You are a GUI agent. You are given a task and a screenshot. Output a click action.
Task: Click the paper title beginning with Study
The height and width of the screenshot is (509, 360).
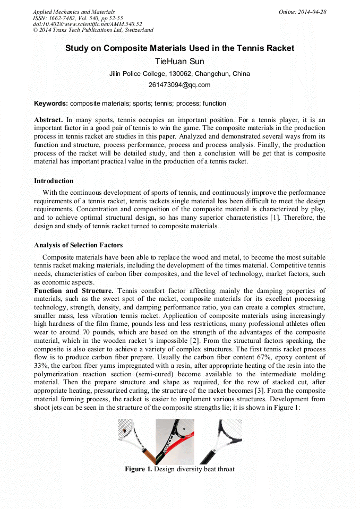coord(179,48)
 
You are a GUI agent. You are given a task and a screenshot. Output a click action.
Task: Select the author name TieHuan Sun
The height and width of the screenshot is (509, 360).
coord(179,62)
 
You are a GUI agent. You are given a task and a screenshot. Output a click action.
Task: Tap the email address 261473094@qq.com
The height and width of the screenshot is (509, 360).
coord(179,85)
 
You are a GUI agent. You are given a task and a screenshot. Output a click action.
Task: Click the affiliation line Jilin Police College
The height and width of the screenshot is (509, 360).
coord(179,74)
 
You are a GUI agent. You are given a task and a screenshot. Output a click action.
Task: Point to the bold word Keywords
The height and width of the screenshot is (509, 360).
coord(51,103)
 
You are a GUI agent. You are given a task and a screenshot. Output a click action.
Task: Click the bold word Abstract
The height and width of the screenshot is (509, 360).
coord(48,120)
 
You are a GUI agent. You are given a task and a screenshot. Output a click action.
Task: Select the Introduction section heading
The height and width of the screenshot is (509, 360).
coord(54,181)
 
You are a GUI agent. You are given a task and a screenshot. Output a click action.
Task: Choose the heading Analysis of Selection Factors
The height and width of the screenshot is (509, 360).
coord(78,245)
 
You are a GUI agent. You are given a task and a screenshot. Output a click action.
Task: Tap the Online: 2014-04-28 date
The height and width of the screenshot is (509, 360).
coord(302,12)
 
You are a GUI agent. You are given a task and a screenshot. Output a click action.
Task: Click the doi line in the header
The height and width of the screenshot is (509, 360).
coord(87,24)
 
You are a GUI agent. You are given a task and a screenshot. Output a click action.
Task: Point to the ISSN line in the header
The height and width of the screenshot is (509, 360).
coord(78,18)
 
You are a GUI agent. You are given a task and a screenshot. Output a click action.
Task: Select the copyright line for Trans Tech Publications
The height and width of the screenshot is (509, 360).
coord(93,30)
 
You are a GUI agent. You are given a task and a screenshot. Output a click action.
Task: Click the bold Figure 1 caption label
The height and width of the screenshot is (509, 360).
coord(138,469)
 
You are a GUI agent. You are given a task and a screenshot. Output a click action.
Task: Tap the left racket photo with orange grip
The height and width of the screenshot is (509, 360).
coord(136,442)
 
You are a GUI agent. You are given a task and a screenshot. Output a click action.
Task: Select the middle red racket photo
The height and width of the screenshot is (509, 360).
coord(175,442)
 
